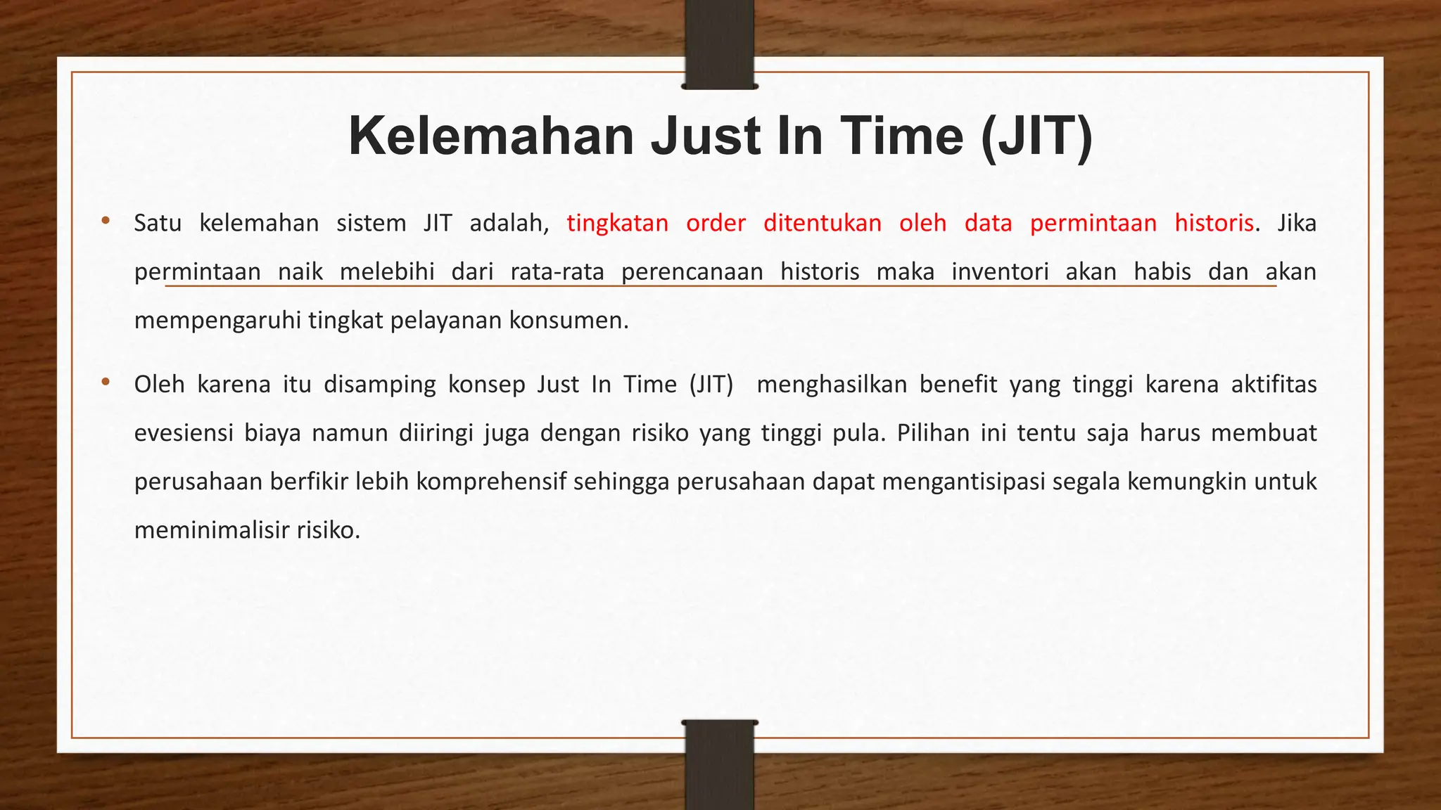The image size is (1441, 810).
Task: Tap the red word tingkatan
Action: click(x=617, y=223)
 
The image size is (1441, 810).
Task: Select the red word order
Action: click(x=716, y=223)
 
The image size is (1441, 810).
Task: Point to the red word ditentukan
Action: click(x=822, y=223)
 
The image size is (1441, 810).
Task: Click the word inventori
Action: click(x=1000, y=271)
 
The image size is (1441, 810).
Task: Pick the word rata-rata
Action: click(x=557, y=271)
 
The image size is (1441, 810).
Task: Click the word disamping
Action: click(x=380, y=385)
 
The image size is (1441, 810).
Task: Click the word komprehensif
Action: click(x=491, y=482)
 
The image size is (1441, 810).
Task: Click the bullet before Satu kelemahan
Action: click(x=106, y=221)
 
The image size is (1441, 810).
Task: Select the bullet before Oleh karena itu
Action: click(x=106, y=382)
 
